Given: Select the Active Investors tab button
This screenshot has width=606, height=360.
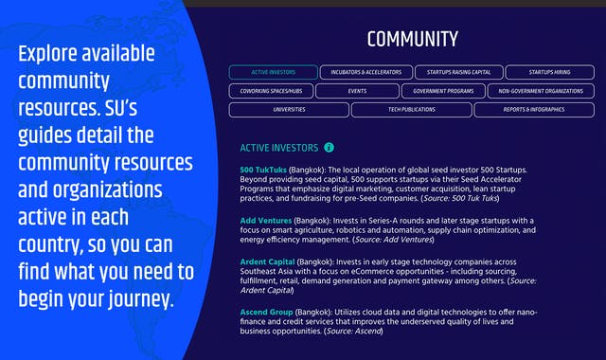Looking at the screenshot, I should pos(273,72).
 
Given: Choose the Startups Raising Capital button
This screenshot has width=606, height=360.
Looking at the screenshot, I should pos(457,72).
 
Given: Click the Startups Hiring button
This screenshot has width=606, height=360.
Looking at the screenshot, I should pos(550,72).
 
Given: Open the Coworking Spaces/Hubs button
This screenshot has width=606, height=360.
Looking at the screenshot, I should pos(270,91).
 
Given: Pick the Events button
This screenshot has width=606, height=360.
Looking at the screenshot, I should pos(357,91).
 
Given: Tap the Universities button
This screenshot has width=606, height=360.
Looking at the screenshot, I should pos(289,110).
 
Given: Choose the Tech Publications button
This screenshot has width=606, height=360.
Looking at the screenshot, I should pos(411,110).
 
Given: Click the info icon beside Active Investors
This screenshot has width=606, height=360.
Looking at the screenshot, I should pos(329,148).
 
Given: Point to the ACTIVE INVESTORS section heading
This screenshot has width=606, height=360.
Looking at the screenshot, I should pos(279,148).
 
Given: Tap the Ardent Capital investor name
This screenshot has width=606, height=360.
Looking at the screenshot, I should pos(267,261).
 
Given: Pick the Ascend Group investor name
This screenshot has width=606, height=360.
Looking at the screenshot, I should pos(265,312).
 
